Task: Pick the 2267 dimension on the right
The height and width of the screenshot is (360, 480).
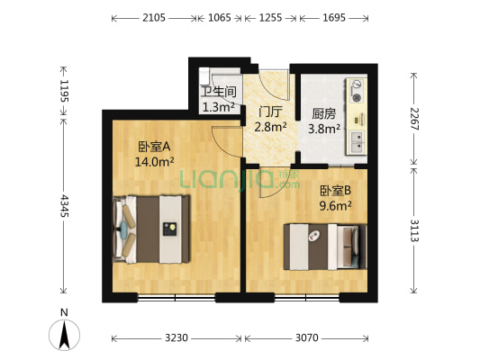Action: click(414, 119)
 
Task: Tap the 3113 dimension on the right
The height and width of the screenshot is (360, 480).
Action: click(414, 229)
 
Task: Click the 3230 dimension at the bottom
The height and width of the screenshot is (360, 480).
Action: click(176, 338)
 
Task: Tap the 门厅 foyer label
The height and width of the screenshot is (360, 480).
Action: click(270, 112)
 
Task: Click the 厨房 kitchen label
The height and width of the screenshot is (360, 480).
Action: click(324, 113)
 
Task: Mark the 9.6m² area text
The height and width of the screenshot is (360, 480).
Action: click(335, 205)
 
